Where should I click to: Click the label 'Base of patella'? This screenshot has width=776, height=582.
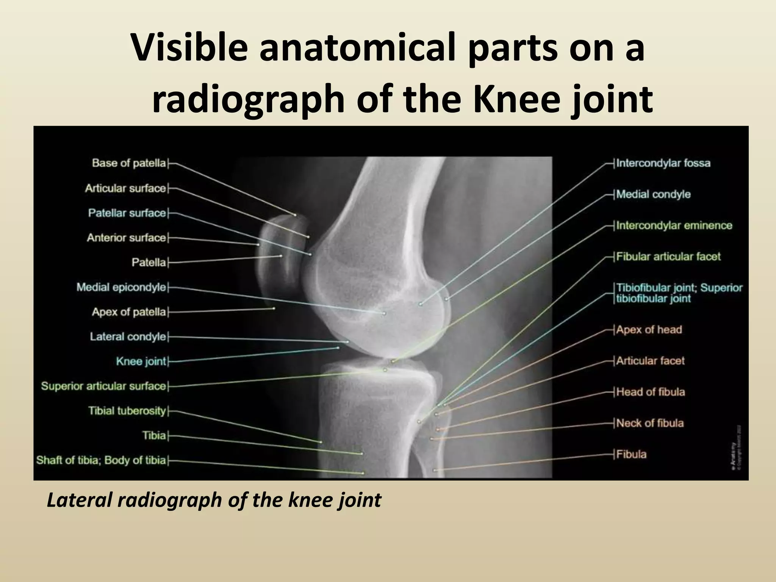click(129, 163)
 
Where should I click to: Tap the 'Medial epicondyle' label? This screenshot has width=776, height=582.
click(121, 287)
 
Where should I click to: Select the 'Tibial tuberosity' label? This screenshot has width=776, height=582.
click(127, 411)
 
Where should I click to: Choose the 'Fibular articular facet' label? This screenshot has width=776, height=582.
click(668, 257)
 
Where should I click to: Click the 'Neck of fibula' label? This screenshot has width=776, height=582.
click(650, 423)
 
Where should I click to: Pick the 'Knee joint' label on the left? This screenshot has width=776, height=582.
click(141, 361)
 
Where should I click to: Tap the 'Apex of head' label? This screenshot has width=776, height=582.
click(649, 330)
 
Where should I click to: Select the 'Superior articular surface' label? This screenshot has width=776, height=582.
click(104, 386)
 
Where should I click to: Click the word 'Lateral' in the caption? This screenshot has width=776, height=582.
click(79, 500)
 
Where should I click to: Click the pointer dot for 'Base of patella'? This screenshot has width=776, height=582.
click(296, 215)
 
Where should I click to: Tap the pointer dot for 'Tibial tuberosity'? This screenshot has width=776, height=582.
click(321, 442)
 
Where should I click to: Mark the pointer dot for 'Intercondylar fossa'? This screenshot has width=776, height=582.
click(420, 304)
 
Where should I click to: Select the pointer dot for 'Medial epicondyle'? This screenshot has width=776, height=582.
click(384, 313)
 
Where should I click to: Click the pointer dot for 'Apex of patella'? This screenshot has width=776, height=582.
click(274, 308)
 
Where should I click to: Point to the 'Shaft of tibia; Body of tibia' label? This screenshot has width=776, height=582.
click(101, 460)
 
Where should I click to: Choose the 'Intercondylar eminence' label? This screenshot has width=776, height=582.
click(674, 225)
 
